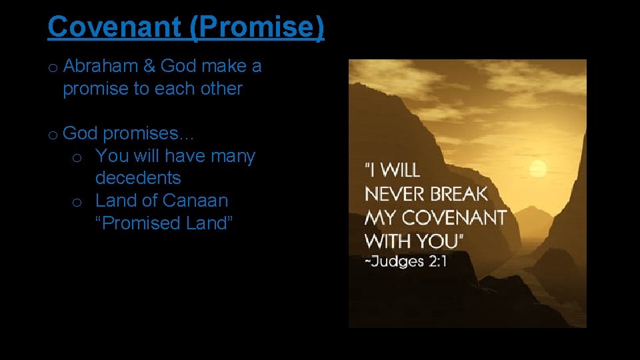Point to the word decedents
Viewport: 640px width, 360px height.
tap(138, 178)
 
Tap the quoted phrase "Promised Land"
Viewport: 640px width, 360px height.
tap(164, 223)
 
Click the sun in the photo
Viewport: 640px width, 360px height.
tap(537, 167)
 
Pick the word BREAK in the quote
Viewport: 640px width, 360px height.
tap(460, 194)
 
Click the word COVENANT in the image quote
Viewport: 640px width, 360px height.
tap(454, 217)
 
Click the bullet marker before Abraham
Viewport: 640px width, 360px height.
tap(52, 67)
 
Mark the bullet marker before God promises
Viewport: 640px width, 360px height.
tap(52, 135)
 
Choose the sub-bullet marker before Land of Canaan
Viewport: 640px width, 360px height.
tap(77, 202)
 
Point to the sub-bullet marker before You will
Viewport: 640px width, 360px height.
tap(77, 157)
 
